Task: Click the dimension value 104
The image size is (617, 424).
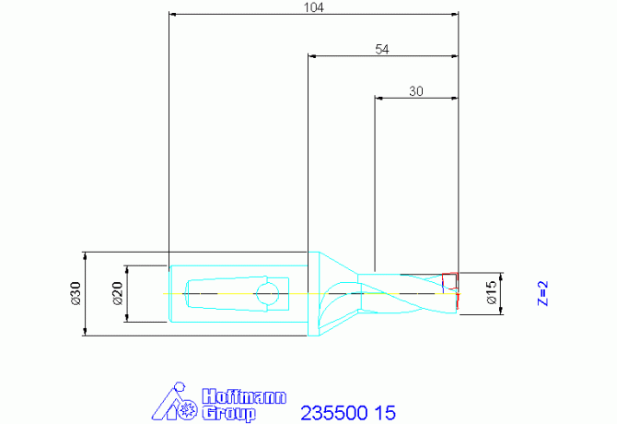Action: click(314, 7)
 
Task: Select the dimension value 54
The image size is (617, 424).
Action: click(382, 49)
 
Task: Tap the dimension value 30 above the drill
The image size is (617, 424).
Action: click(416, 91)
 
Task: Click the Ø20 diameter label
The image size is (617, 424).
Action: click(117, 293)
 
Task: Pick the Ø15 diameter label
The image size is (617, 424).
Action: click(492, 292)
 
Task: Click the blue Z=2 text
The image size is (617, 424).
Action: click(542, 293)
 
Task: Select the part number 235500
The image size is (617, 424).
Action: click(334, 413)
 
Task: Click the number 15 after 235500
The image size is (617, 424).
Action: click(385, 413)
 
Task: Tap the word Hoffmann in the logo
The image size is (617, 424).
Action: click(244, 396)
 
